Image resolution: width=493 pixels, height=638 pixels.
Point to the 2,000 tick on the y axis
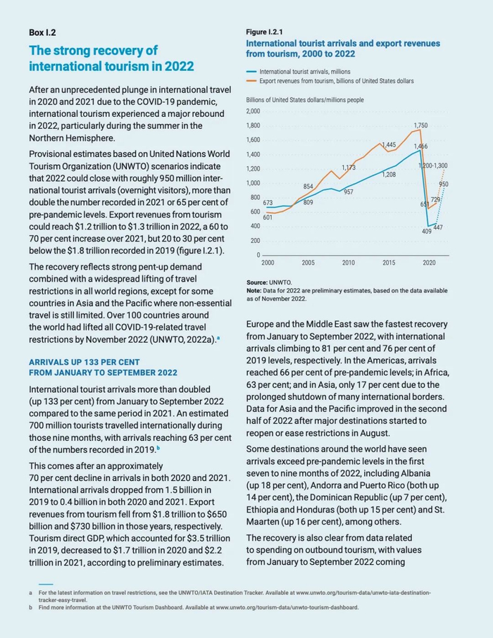point(254,111)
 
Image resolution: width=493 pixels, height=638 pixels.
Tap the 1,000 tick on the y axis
point(254,183)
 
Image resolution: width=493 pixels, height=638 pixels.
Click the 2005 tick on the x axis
point(308,263)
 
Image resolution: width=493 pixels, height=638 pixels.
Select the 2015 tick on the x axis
point(389,263)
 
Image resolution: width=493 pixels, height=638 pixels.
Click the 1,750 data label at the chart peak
point(420,125)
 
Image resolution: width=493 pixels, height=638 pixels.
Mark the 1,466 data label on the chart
point(420,146)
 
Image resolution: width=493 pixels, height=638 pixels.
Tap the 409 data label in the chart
point(426,231)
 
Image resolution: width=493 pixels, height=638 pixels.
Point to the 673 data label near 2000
point(268,203)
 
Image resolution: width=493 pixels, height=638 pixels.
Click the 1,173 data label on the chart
point(349,168)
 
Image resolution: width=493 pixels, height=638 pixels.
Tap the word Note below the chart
point(254,290)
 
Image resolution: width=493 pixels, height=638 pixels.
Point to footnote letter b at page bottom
point(31,607)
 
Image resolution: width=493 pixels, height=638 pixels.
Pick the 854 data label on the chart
point(308,187)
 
